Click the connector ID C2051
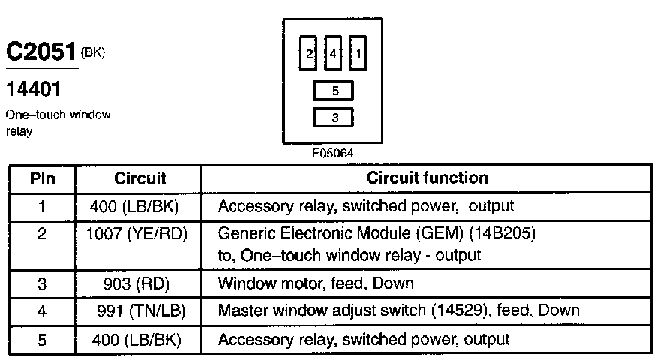coord(40,51)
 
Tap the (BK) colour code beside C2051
coord(92,52)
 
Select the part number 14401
coord(34,88)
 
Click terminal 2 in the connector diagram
coord(307,53)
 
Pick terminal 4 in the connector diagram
coord(333,53)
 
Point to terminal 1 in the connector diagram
coord(358,53)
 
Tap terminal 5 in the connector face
coord(334,91)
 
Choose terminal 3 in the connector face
coord(334,118)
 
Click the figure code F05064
coord(333,153)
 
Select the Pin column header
coord(42,178)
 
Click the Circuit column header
coord(139,178)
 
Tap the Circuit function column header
coord(427,178)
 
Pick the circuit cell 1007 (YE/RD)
coord(136,234)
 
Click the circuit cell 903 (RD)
coord(136,283)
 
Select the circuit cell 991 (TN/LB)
coord(141,311)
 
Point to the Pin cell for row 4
coord(42,311)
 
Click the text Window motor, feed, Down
coord(316,283)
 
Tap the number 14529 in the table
coord(459,310)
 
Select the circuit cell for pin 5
coord(136,340)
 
